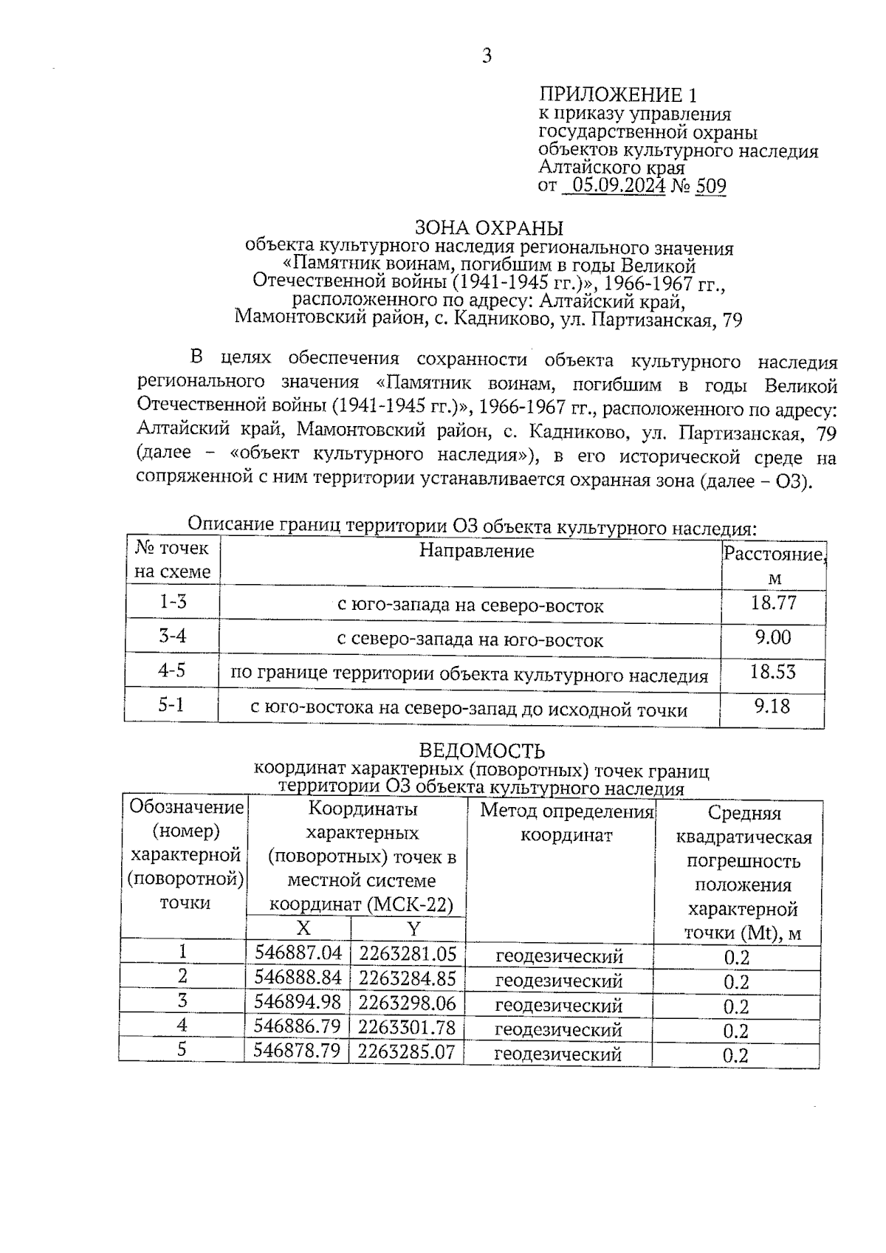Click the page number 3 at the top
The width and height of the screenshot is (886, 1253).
click(x=486, y=55)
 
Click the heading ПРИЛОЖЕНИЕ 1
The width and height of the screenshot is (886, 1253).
click(x=617, y=95)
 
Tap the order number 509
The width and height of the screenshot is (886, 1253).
click(x=710, y=186)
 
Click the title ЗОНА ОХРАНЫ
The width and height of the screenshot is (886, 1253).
click(x=488, y=228)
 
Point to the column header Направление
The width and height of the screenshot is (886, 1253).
click(x=476, y=551)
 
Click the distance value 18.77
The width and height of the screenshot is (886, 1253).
click(x=773, y=603)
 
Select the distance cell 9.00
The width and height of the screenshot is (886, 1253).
click(x=772, y=637)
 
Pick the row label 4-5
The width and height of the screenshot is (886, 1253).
click(x=172, y=670)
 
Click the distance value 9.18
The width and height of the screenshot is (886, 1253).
click(x=772, y=707)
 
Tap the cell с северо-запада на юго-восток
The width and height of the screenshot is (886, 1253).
click(x=470, y=640)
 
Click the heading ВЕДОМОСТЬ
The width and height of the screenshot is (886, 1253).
click(x=481, y=751)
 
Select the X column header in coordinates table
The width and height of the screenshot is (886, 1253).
click(x=303, y=928)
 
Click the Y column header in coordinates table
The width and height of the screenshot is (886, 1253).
click(x=413, y=928)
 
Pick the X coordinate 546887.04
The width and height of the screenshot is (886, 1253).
click(x=298, y=953)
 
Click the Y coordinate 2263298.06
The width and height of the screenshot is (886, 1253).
click(x=407, y=1003)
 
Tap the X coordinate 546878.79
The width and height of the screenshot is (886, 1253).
click(x=297, y=1051)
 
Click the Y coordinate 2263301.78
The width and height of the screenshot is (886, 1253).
click(x=407, y=1027)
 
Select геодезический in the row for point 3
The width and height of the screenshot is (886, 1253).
click(x=559, y=1006)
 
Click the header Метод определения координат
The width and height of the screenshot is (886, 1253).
click(x=566, y=823)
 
